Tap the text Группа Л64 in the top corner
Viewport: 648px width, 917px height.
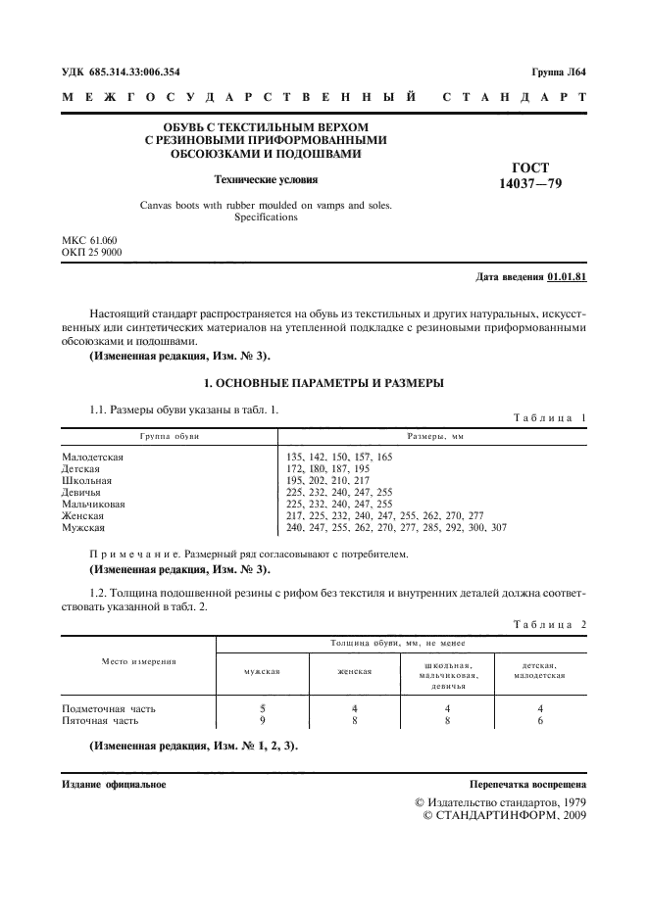click(x=559, y=72)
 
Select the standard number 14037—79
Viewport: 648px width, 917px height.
click(x=530, y=183)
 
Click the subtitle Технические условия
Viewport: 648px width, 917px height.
click(x=267, y=179)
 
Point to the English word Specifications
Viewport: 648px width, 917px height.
click(x=266, y=217)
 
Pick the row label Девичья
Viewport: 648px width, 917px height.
click(x=82, y=493)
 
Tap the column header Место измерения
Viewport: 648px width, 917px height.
click(x=138, y=661)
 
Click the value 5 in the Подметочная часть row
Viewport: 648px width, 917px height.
click(x=262, y=707)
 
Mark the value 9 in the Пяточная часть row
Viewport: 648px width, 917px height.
click(x=262, y=720)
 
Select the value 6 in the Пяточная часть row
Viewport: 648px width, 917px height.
click(x=540, y=720)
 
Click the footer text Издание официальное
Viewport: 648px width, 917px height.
click(x=114, y=785)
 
